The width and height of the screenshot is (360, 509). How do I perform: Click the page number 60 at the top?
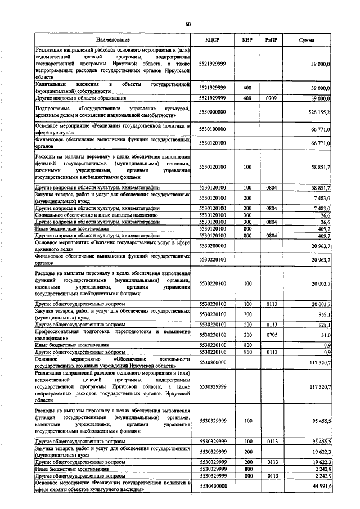coord(188,24)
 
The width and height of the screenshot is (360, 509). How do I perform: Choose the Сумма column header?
coord(307,40)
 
